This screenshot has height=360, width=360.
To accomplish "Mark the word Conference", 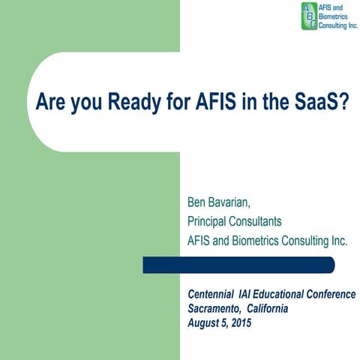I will point(336,295).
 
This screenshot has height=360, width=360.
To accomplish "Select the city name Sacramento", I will point(216,309).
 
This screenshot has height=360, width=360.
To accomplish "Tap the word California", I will point(268,309).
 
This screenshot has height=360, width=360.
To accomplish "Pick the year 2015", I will point(241,323).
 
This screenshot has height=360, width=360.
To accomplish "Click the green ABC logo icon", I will point(309,16).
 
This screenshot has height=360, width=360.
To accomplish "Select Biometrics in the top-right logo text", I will point(335,16).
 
